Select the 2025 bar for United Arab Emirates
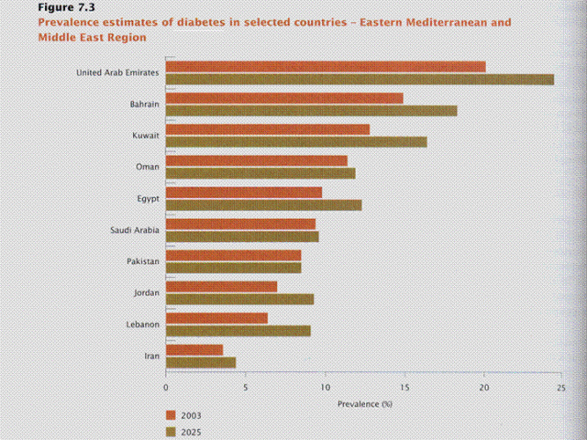[x=360, y=79]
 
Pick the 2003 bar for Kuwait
[x=268, y=129]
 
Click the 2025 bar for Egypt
[x=263, y=205]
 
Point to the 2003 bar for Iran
[x=194, y=349]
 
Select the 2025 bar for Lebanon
[x=238, y=331]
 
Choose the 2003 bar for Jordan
[x=222, y=287]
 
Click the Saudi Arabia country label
[x=134, y=231]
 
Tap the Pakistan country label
[x=143, y=262]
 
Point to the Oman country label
[x=147, y=167]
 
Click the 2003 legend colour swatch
[x=171, y=414]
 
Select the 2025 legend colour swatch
[x=171, y=432]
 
